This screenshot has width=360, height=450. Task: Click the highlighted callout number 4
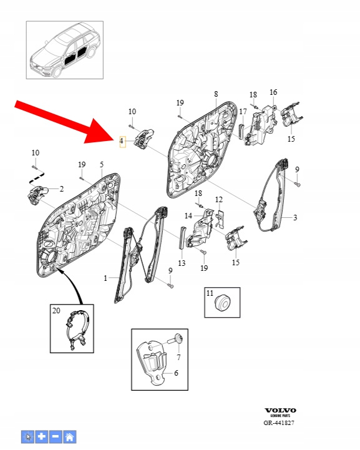click(122, 141)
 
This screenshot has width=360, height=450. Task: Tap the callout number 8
click(216, 94)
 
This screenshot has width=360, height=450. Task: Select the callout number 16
click(273, 92)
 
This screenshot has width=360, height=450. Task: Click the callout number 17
click(243, 111)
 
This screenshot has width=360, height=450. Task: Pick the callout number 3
click(295, 218)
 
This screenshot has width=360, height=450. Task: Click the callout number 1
click(105, 278)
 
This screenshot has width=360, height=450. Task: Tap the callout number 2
click(61, 189)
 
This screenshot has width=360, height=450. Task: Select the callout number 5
click(102, 165)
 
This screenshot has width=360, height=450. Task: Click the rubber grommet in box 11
click(223, 302)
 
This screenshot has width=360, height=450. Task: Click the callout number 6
click(176, 373)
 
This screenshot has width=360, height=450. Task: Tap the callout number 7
click(178, 357)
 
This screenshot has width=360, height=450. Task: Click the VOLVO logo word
click(280, 411)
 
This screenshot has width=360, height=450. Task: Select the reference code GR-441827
click(279, 423)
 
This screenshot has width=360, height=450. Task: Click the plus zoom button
click(42, 437)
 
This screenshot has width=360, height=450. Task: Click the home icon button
click(70, 437)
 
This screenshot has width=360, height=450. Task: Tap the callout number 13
click(182, 263)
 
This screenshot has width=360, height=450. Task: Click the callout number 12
click(219, 200)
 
